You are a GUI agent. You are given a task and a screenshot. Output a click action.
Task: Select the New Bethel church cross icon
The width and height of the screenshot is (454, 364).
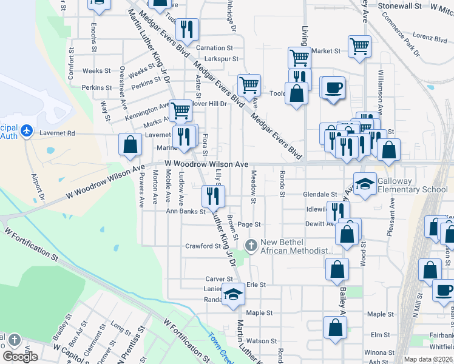[x=251, y=245]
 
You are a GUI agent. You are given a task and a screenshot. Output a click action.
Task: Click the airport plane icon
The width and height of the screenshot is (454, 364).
[x=26, y=130]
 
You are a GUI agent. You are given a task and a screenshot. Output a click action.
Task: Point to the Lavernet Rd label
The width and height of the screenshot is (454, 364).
[x=58, y=133]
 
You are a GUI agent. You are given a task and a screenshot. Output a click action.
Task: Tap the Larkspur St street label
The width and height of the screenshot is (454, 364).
[x=219, y=59]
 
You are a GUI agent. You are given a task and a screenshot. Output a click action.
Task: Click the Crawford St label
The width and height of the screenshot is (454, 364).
[x=203, y=246]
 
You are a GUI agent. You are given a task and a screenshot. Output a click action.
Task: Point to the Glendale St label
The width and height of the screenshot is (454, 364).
[x=320, y=195]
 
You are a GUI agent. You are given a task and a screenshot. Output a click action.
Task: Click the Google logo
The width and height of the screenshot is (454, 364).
[x=20, y=356]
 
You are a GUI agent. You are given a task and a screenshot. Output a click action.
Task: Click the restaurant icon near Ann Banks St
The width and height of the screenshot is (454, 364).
[x=213, y=196]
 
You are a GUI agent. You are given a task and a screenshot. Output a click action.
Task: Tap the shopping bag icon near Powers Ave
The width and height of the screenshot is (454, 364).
[x=130, y=145]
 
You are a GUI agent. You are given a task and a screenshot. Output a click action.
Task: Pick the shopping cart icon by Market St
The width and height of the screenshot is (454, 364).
[x=360, y=45]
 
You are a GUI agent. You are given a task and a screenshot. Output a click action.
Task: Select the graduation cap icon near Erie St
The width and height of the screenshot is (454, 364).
[x=233, y=294]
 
